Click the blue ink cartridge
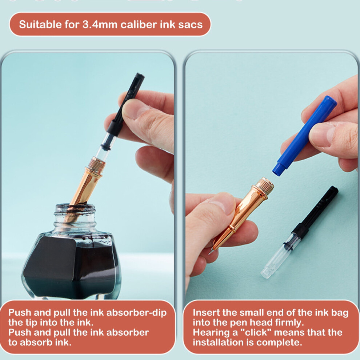(305, 136)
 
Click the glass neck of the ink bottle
(75, 217)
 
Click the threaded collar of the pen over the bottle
(97, 164)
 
